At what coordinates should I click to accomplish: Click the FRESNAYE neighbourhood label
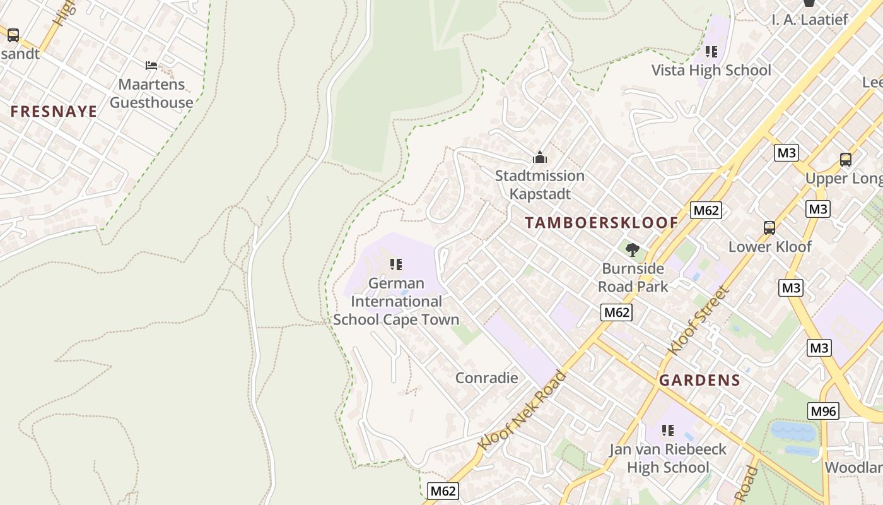pyautogui.click(x=54, y=112)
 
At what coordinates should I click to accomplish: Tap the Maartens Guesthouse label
pyautogui.click(x=151, y=93)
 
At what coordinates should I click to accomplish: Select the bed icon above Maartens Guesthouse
pyautogui.click(x=151, y=65)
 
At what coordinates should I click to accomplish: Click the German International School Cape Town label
pyautogui.click(x=396, y=302)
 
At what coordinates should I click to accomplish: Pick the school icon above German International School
pyautogui.click(x=396, y=264)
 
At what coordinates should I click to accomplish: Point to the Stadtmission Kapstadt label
pyautogui.click(x=539, y=185)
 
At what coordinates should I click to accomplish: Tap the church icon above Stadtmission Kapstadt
pyautogui.click(x=540, y=157)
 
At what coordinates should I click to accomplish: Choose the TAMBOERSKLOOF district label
pyautogui.click(x=601, y=223)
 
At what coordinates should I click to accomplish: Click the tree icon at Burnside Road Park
pyautogui.click(x=632, y=250)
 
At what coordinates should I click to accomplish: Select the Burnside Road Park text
pyautogui.click(x=633, y=278)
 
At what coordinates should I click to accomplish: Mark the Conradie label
pyautogui.click(x=486, y=378)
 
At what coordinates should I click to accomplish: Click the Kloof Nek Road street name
pyautogui.click(x=522, y=411)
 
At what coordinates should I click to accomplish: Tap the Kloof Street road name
pyautogui.click(x=698, y=321)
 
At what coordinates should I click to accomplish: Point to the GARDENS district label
pyautogui.click(x=699, y=380)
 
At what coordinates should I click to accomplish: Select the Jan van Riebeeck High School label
pyautogui.click(x=667, y=458)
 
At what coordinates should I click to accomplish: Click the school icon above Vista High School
pyautogui.click(x=711, y=52)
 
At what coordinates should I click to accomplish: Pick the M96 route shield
pyautogui.click(x=823, y=412)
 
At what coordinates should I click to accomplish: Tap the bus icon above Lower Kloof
pyautogui.click(x=769, y=228)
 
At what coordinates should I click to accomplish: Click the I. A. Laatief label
pyautogui.click(x=810, y=20)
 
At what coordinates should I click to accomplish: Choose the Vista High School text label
pyautogui.click(x=711, y=70)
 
